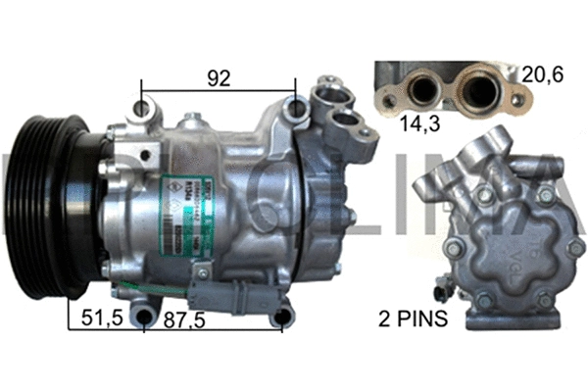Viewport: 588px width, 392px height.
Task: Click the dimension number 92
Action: [x=219, y=77]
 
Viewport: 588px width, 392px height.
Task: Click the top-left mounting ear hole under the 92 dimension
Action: [x=145, y=106]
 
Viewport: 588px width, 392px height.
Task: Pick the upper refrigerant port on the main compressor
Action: [x=325, y=97]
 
